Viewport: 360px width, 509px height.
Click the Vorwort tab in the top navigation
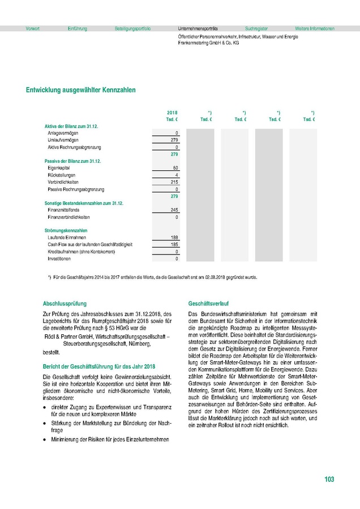(x=32, y=28)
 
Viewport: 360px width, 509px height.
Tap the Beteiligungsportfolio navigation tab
(x=132, y=28)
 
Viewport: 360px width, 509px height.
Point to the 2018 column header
(x=173, y=113)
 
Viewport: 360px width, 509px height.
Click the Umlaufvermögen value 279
(x=174, y=140)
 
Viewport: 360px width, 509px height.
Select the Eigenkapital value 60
(x=175, y=168)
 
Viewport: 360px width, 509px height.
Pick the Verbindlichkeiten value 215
(x=174, y=182)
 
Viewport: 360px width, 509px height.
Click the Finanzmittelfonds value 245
(x=174, y=210)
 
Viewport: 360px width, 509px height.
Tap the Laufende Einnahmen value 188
(x=174, y=238)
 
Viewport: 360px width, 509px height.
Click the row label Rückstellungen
(x=63, y=175)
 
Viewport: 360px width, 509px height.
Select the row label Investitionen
(x=59, y=258)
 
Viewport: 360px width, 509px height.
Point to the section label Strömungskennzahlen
(x=66, y=231)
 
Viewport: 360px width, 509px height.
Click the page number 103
(x=329, y=480)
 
